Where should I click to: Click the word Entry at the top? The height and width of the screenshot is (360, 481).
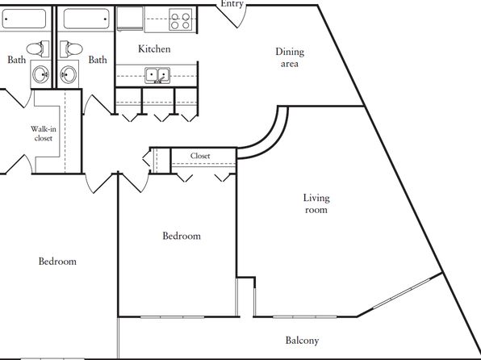[232, 4]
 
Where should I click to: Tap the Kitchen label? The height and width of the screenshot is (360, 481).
[154, 48]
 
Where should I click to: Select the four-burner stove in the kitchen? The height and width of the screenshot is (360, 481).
[181, 19]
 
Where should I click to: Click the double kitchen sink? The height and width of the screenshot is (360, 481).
[157, 76]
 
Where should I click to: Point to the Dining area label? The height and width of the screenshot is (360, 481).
[290, 57]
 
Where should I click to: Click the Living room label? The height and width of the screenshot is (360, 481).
[316, 203]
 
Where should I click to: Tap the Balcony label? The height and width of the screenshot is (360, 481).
[302, 341]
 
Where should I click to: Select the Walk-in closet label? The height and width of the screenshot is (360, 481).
[44, 133]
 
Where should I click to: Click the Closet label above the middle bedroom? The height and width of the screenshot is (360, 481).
[200, 156]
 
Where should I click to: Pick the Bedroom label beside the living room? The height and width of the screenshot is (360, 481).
[182, 236]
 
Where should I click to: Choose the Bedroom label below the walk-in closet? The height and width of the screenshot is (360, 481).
[57, 262]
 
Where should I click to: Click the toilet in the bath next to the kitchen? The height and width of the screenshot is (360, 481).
[71, 49]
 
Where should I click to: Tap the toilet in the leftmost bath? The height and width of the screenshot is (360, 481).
[38, 48]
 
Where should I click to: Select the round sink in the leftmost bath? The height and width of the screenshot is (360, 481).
[41, 74]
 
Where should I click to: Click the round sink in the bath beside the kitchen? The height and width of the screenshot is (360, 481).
[68, 74]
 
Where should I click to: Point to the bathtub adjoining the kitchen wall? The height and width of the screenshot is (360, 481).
[86, 19]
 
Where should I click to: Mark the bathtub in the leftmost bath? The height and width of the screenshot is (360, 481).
[23, 19]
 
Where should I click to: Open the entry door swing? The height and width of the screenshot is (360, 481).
[232, 16]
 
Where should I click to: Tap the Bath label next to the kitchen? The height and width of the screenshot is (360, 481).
[98, 60]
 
